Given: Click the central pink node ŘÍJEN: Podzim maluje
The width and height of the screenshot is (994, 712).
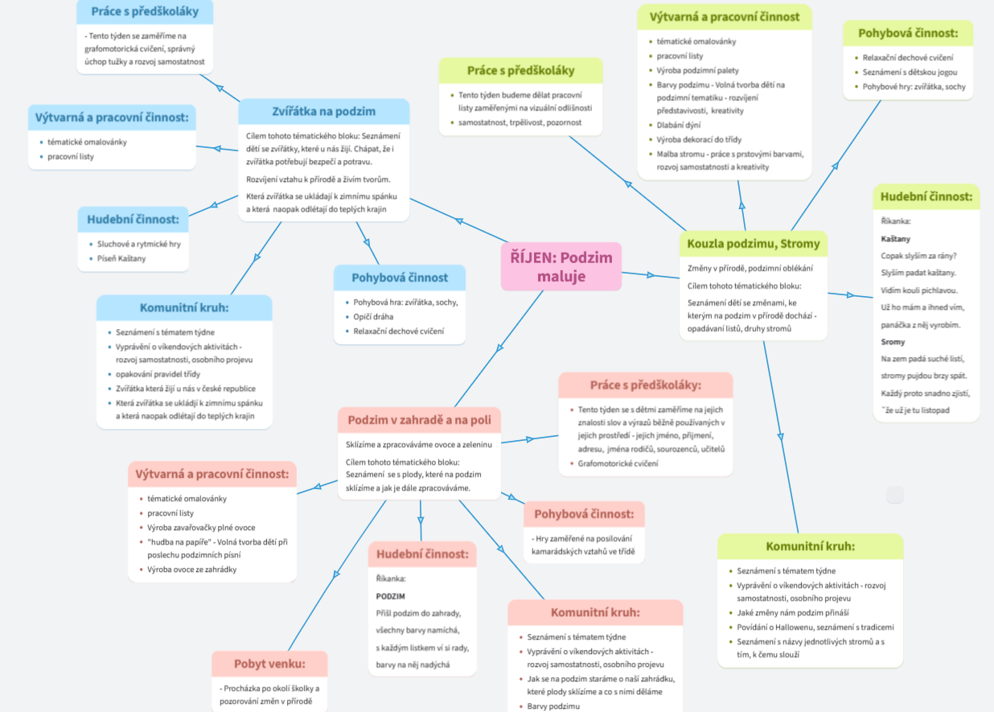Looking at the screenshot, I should click(x=561, y=266).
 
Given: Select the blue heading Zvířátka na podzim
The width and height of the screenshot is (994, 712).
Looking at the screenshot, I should click(x=323, y=111).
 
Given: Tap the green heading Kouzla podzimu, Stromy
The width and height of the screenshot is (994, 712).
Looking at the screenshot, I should click(x=753, y=244).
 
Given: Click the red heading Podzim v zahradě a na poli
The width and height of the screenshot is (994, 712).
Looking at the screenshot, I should click(x=419, y=420).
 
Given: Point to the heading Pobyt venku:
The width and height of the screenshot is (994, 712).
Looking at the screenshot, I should click(x=269, y=665).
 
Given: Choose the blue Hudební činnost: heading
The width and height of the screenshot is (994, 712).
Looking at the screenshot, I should click(x=133, y=220).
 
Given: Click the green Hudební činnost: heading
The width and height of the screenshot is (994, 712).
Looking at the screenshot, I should click(x=926, y=197).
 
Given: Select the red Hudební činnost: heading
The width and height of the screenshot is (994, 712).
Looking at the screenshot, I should click(x=422, y=554).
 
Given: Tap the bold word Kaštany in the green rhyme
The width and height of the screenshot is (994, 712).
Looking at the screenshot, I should click(x=895, y=239).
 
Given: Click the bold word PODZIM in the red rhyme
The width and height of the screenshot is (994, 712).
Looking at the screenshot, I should click(x=390, y=596).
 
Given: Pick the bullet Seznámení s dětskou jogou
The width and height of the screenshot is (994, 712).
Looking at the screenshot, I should click(x=910, y=72).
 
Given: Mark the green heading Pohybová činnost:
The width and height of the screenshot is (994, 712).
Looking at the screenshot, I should click(x=908, y=34).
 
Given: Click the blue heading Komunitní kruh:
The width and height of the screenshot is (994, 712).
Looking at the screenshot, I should click(x=184, y=307).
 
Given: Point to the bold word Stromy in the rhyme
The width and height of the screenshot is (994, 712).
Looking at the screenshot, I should click(x=893, y=342).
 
